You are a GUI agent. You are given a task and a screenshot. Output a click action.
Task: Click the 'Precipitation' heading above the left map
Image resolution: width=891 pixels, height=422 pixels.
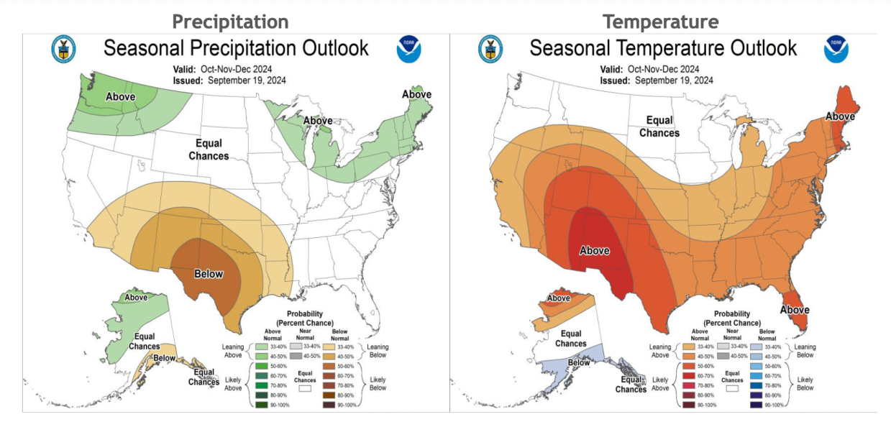(230, 22)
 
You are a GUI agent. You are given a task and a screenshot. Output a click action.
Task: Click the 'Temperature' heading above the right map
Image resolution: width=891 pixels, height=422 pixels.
(660, 22)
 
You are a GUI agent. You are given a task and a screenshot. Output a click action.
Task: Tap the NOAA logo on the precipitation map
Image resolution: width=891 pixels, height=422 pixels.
(408, 50)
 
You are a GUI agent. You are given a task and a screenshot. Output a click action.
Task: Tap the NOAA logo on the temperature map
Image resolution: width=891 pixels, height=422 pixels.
(836, 50)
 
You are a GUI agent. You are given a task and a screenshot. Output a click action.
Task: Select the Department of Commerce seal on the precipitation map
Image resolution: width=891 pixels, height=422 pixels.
(63, 50)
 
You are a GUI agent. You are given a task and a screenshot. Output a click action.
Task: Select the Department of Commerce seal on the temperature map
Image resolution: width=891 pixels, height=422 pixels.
(490, 50)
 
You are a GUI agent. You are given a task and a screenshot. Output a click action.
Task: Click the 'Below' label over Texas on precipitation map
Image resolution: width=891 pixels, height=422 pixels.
(209, 274)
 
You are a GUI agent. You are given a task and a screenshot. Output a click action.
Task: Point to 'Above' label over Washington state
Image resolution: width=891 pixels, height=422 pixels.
(121, 97)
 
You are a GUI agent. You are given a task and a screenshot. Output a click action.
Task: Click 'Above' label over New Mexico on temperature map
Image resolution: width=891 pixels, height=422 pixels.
(595, 251)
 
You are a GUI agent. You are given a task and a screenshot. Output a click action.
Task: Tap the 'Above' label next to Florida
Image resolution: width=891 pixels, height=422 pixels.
(795, 310)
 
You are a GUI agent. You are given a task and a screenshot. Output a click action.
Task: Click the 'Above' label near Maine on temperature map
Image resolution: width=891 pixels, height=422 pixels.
(839, 116)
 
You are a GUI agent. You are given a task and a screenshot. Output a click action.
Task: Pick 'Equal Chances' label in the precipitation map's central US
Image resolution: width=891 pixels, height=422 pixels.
(209, 150)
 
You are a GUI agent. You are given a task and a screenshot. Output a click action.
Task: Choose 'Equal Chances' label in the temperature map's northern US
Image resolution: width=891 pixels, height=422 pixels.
(659, 127)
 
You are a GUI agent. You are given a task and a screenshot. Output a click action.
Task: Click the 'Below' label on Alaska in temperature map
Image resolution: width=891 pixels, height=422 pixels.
(579, 362)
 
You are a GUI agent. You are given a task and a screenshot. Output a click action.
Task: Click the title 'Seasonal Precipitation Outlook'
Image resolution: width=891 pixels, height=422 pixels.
(236, 48)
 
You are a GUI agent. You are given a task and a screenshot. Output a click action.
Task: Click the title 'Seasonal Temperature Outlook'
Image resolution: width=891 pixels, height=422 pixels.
(663, 48)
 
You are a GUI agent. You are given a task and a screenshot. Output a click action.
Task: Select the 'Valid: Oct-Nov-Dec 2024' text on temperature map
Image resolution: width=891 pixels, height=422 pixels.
(650, 69)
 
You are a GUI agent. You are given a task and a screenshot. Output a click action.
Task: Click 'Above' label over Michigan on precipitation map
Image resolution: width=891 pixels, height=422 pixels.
(316, 120)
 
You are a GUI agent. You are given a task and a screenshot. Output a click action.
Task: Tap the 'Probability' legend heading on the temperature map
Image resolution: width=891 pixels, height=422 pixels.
(732, 314)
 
